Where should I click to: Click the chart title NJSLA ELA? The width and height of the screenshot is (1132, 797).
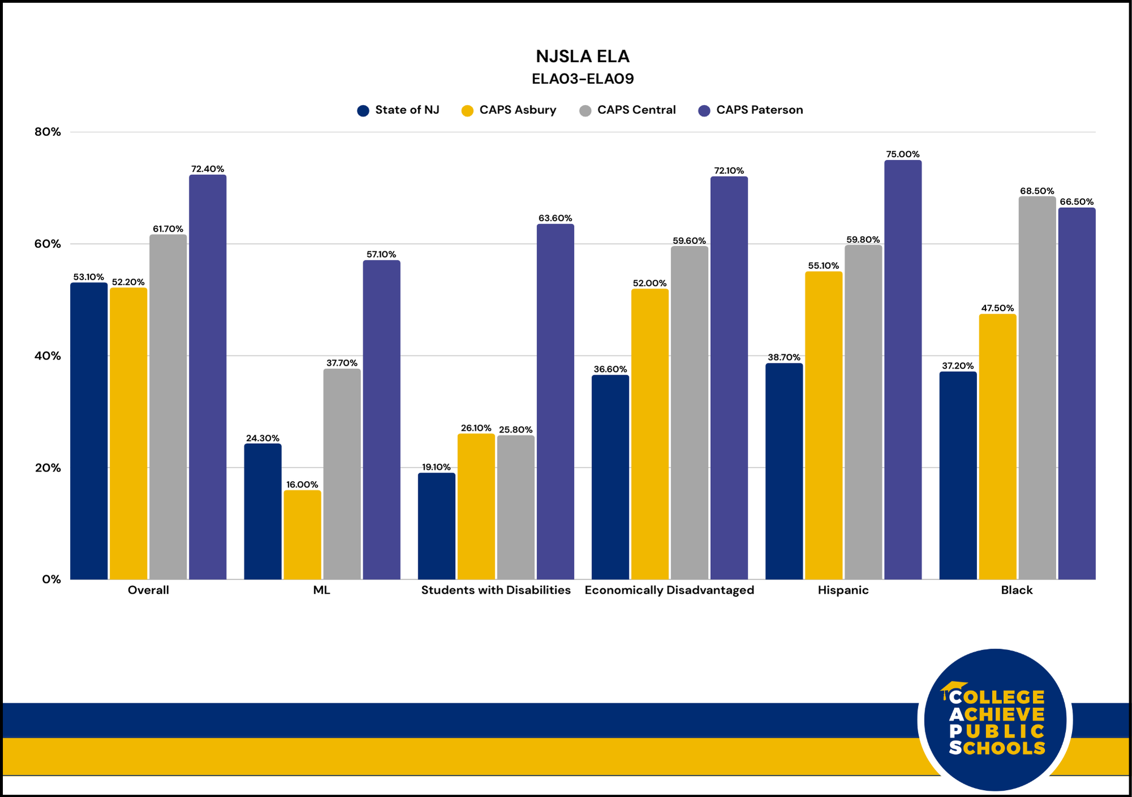pyautogui.click(x=582, y=57)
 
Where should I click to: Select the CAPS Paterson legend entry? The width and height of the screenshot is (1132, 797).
pyautogui.click(x=751, y=110)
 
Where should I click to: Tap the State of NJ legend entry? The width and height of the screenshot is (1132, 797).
pyautogui.click(x=398, y=110)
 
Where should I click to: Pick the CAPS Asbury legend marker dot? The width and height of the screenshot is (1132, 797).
pyautogui.click(x=468, y=110)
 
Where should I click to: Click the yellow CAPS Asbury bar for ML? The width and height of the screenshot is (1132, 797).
pyautogui.click(x=302, y=534)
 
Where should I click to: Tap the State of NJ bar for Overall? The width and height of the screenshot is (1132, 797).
pyautogui.click(x=89, y=431)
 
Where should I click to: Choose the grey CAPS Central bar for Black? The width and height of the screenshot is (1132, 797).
pyautogui.click(x=1037, y=388)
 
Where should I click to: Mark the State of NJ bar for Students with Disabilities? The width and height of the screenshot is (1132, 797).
pyautogui.click(x=436, y=526)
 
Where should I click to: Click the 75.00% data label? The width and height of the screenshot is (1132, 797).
pyautogui.click(x=903, y=154)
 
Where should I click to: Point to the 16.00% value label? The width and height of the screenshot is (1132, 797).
pyautogui.click(x=302, y=485)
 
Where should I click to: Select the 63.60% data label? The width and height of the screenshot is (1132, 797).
pyautogui.click(x=555, y=218)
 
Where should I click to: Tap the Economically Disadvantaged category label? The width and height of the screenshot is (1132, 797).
pyautogui.click(x=669, y=590)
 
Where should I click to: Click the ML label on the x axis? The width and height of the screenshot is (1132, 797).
pyautogui.click(x=321, y=590)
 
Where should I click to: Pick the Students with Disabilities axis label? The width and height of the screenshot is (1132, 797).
pyautogui.click(x=496, y=590)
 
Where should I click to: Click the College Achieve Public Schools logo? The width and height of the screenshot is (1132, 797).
pyautogui.click(x=995, y=719)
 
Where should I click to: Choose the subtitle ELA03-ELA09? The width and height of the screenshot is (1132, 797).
pyautogui.click(x=582, y=79)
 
